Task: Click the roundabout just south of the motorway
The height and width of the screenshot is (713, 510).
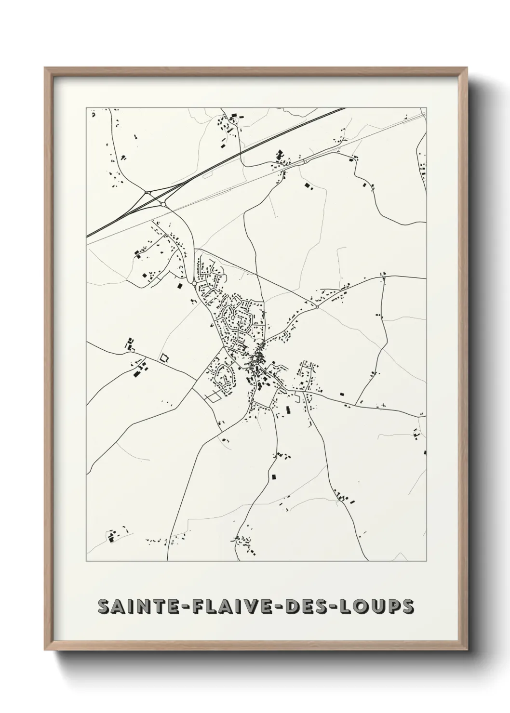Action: point(163,205)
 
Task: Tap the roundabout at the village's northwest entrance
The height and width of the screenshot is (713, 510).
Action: point(194,284)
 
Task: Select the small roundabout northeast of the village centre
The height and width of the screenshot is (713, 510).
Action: point(317,306)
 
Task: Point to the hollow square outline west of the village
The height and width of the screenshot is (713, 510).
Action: point(165,357)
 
